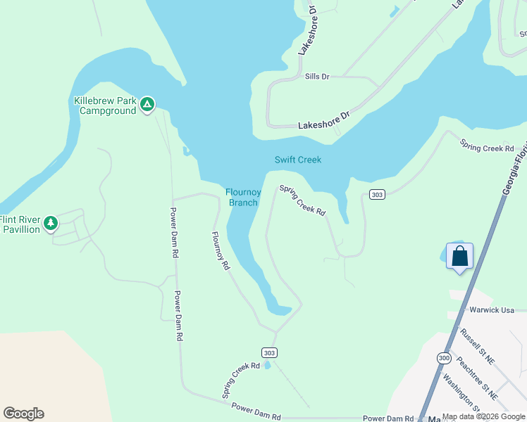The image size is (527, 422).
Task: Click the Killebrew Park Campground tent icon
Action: (147, 105)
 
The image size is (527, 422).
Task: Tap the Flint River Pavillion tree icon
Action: (50, 224)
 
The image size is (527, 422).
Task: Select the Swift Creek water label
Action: (297, 160)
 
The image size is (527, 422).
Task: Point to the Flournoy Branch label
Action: (242, 198)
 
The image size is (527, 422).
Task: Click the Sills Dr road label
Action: (317, 76)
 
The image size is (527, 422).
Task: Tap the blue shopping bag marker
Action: (459, 256)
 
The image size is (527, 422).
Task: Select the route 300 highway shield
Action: (443, 358)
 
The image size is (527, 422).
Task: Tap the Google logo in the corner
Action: (23, 414)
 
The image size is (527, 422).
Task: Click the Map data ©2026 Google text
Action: (483, 416)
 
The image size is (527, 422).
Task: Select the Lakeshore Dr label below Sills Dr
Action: (324, 120)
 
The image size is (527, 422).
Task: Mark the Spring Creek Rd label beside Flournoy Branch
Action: (302, 200)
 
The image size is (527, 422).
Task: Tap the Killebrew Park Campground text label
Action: (105, 105)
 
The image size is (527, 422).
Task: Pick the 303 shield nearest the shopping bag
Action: (377, 194)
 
